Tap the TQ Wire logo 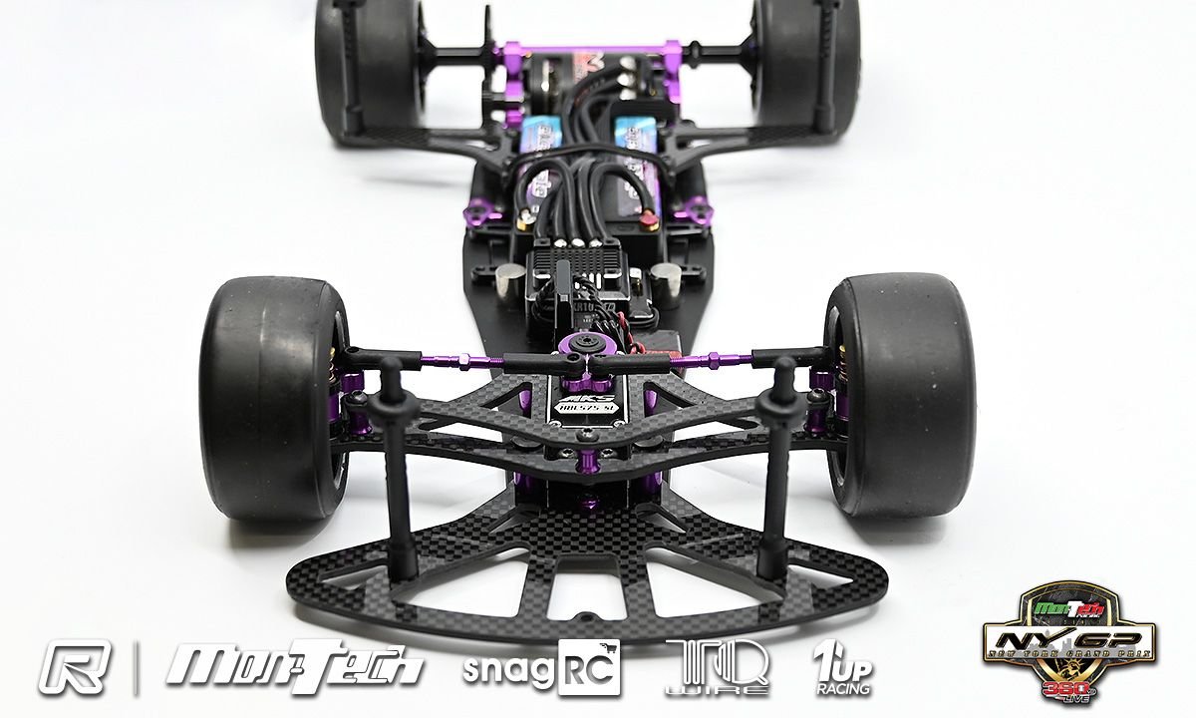[x=718, y=666]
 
